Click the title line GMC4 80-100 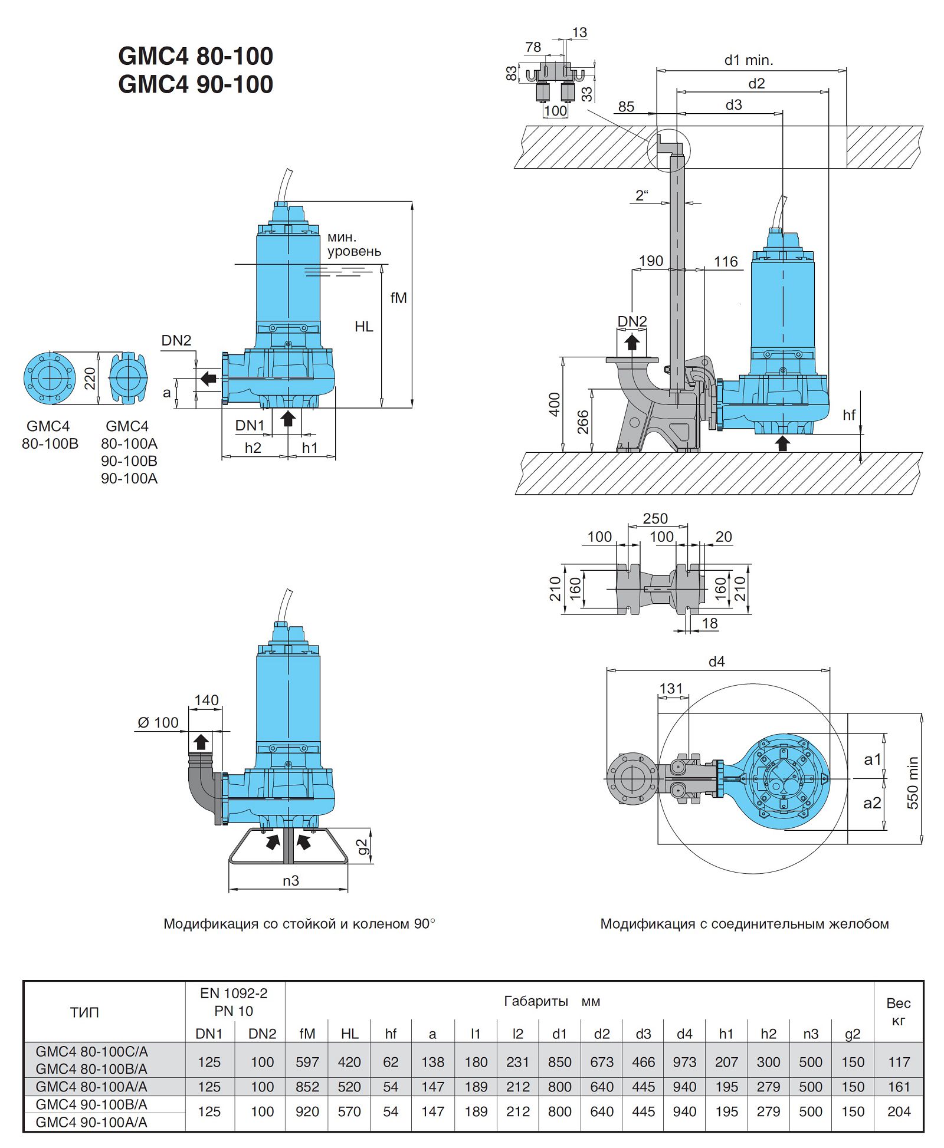195,57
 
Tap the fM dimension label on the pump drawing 398,298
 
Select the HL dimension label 363,327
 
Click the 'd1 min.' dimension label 748,60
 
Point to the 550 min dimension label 912,782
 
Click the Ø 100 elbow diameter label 158,722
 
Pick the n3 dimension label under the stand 290,881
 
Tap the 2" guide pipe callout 642,195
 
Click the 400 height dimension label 554,404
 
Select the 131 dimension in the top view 671,689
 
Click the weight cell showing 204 899,1111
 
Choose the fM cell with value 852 307,1087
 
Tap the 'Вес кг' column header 899,1012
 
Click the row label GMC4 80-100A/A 91,1087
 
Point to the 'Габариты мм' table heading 552,1001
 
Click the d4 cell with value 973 684,1062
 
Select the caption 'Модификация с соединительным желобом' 744,924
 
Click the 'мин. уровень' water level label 354,244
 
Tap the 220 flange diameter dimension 90,379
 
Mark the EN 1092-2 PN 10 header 234,1002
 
